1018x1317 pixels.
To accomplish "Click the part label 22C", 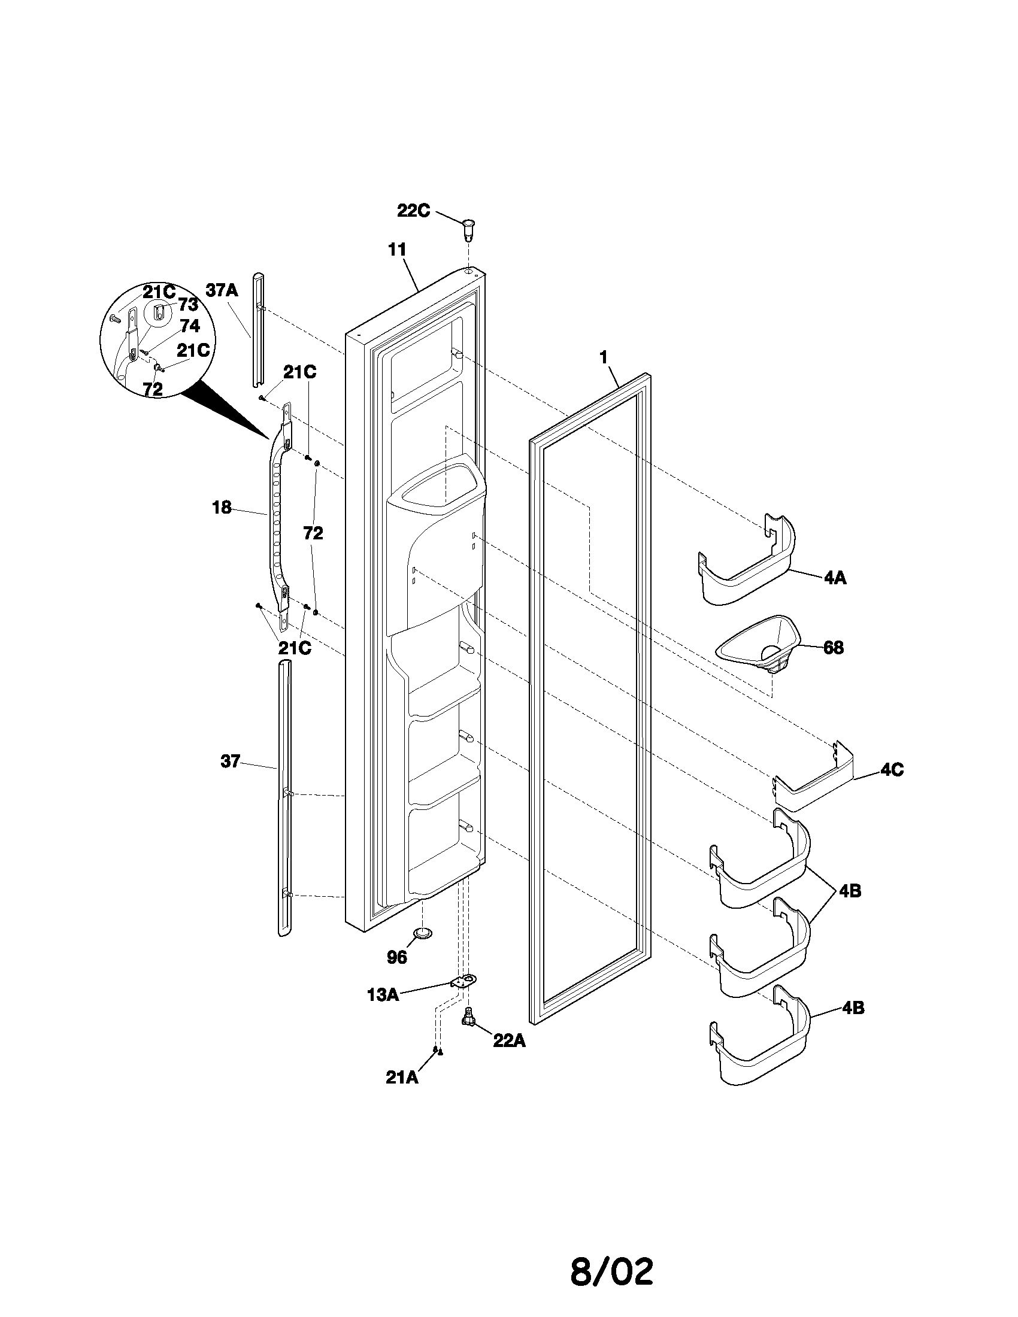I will pos(413,211).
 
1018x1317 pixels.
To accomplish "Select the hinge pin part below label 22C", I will pos(466,230).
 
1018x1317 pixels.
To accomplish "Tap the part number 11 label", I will pos(397,249).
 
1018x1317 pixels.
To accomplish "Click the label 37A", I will pos(222,290).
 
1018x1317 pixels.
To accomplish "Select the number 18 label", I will pos(222,508).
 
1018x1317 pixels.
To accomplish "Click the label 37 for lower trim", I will pos(231,761).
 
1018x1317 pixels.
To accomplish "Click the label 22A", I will pos(509,1042).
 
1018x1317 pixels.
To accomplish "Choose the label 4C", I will pos(892,770).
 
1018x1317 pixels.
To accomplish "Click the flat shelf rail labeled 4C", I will pos(814,787).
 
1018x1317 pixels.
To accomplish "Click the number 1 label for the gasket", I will pos(602,357).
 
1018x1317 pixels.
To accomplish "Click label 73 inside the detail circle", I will pos(187,305).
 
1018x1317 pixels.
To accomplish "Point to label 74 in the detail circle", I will pos(189,326).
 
